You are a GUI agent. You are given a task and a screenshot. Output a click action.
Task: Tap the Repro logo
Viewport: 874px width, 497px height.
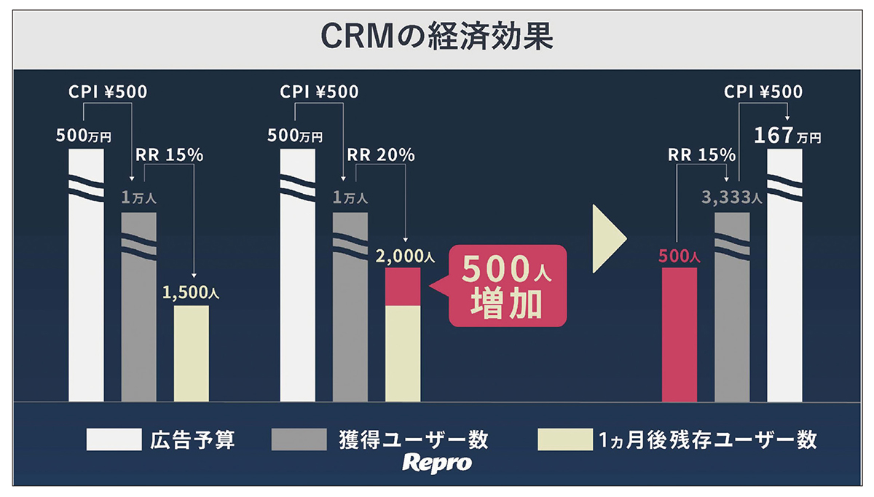tap(438, 463)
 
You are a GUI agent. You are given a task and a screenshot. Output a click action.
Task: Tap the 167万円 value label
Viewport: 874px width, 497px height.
tap(787, 136)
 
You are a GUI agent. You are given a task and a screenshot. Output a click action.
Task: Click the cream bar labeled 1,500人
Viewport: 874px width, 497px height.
tap(192, 353)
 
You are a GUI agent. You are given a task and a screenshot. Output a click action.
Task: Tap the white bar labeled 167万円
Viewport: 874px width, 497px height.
tap(784, 291)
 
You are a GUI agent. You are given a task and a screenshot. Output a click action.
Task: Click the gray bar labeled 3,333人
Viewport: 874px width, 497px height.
tap(732, 321)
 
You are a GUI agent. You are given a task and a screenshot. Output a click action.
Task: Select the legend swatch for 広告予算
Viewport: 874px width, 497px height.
tap(114, 439)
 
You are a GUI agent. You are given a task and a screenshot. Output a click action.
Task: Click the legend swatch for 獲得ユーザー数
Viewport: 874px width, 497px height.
tap(299, 439)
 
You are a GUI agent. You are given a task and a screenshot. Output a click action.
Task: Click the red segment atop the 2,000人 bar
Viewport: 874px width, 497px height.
tap(403, 286)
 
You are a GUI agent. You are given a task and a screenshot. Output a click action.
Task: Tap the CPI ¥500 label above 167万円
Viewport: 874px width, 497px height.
tap(763, 93)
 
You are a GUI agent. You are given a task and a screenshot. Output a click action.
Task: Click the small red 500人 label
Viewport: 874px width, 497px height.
tap(679, 257)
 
